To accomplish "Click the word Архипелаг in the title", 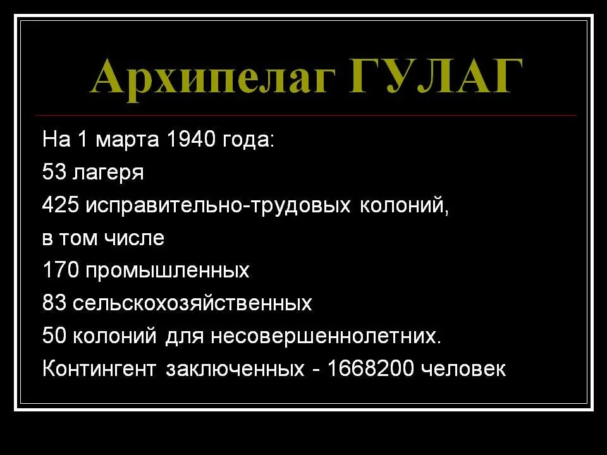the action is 212,78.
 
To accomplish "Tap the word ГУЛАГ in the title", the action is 436,76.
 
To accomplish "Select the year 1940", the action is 191,138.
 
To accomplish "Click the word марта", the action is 127,140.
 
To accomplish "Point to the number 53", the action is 54,171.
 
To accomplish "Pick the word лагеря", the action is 108,173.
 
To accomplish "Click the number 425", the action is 60,204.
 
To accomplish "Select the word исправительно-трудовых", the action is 218,206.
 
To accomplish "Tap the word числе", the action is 134,238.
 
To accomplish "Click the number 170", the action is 61,270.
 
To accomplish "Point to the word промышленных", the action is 167,272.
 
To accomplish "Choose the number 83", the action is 54,303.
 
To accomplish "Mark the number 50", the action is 54,335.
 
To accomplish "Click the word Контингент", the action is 99,368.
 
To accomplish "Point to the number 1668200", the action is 370,368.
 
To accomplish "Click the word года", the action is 248,140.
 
